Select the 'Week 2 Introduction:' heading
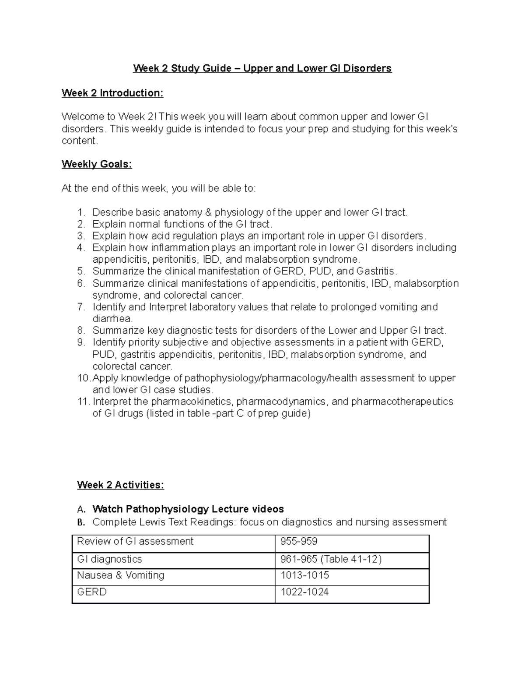(x=112, y=93)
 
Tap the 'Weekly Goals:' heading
(x=97, y=164)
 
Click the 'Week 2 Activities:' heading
(x=120, y=485)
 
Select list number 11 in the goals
(x=83, y=402)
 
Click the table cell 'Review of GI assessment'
(x=135, y=542)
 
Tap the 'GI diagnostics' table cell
(x=109, y=559)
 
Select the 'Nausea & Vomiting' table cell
(x=120, y=575)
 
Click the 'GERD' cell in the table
(x=92, y=592)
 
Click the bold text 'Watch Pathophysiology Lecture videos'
(x=188, y=509)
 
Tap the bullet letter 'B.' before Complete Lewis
(x=80, y=522)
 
